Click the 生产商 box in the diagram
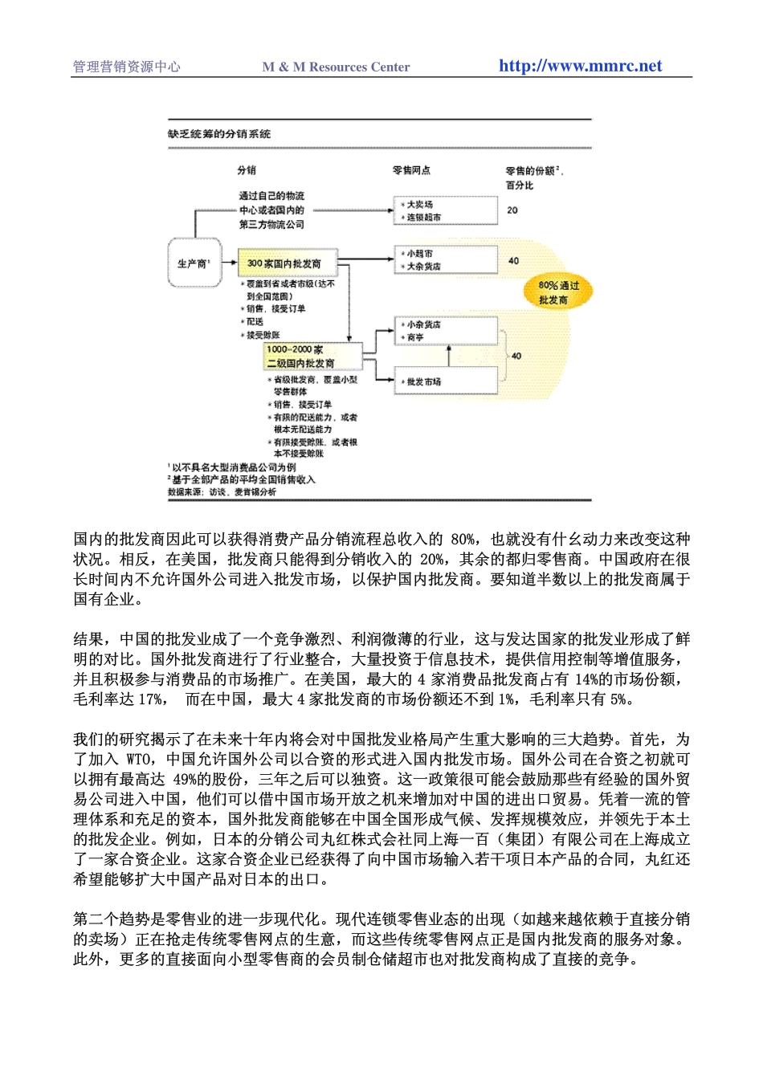[x=192, y=263]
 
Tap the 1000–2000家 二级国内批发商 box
[x=312, y=356]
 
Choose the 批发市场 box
[x=445, y=381]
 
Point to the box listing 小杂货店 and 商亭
[x=445, y=331]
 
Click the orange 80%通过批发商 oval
[x=557, y=292]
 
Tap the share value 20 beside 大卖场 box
[x=512, y=210]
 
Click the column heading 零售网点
[x=411, y=170]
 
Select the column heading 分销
[x=247, y=170]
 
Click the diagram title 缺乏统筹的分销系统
[x=219, y=134]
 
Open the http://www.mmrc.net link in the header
[x=580, y=66]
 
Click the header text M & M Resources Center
[x=336, y=67]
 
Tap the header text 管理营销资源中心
[x=127, y=67]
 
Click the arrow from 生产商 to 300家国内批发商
[x=227, y=263]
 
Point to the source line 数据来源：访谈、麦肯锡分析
[x=222, y=491]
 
